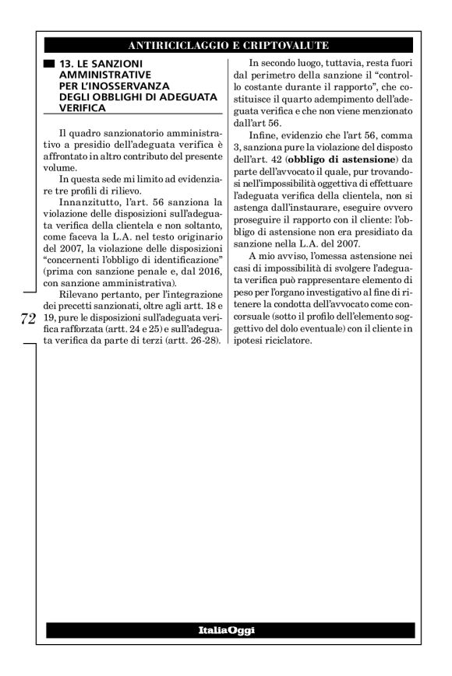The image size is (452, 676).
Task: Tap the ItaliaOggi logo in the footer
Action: click(x=226, y=627)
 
